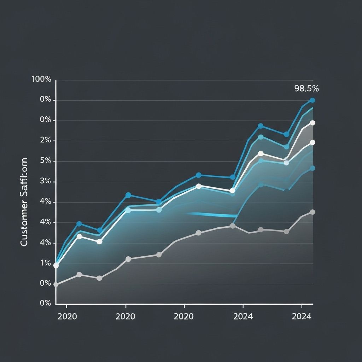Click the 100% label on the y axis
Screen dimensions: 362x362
(x=41, y=80)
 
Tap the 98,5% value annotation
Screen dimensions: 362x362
(x=306, y=89)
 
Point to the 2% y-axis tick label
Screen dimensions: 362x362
(x=46, y=141)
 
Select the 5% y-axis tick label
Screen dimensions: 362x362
(x=46, y=161)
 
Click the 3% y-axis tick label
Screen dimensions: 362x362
(x=46, y=182)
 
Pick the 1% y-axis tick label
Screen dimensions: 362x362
(x=46, y=263)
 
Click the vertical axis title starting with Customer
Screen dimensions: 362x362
(x=24, y=202)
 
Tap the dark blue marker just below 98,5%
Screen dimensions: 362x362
(x=312, y=100)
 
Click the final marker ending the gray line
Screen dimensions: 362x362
(x=312, y=212)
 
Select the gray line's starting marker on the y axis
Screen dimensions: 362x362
(x=56, y=284)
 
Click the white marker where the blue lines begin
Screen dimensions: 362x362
(x=56, y=265)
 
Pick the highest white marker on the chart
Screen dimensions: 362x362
(x=312, y=123)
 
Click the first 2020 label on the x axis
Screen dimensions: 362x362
(x=67, y=316)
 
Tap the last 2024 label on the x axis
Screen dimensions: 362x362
(x=302, y=316)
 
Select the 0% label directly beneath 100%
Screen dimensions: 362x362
(x=45, y=100)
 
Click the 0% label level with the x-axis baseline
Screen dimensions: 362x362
(x=45, y=303)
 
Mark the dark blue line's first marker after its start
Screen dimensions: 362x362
(x=79, y=224)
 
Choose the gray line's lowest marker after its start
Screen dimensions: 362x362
(x=99, y=278)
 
